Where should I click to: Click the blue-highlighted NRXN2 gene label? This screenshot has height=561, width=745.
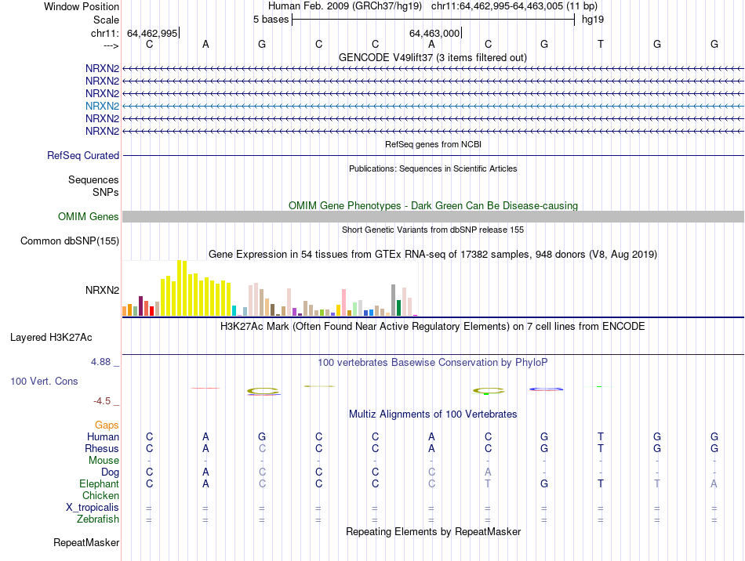coord(102,106)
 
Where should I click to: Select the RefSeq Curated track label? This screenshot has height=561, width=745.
coord(83,156)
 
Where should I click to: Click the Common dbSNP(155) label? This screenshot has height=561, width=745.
coord(69,241)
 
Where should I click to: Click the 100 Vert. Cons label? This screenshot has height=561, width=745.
coord(44,381)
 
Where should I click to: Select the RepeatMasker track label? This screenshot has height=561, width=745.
coord(86,542)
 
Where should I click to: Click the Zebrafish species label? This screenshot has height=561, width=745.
coord(98,519)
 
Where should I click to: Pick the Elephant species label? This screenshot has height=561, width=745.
coord(99,484)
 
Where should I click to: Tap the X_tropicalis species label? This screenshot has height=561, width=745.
coord(93,507)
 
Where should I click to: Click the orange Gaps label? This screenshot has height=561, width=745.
coord(107,425)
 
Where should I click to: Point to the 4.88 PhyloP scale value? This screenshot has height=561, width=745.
coord(101,362)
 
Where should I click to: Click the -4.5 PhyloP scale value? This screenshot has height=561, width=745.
coord(102,401)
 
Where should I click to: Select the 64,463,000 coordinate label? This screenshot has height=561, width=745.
coord(434,33)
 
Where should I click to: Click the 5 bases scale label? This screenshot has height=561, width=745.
coord(271,20)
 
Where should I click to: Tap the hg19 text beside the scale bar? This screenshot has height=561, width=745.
coord(593,20)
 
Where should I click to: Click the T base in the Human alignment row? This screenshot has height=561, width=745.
coord(601,436)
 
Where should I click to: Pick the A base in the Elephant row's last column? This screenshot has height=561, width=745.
coord(714,483)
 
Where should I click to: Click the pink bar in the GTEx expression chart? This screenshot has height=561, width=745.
coord(343,302)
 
